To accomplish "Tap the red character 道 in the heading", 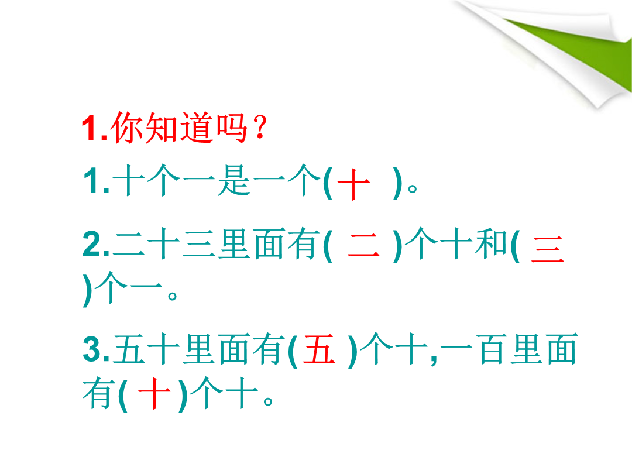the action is click(x=197, y=128).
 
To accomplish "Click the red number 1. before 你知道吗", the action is click(x=95, y=128).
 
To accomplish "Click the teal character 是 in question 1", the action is click(x=233, y=180).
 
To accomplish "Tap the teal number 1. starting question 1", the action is click(x=97, y=181).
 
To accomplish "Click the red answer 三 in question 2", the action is click(x=547, y=250).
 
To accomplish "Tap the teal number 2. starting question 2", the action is click(x=96, y=243).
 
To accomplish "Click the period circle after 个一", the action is click(x=172, y=296).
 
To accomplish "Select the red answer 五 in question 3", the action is click(x=320, y=349).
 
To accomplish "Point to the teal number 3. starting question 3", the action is click(x=96, y=349).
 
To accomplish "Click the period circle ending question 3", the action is click(x=268, y=401).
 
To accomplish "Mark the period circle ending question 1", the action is click(x=413, y=188).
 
